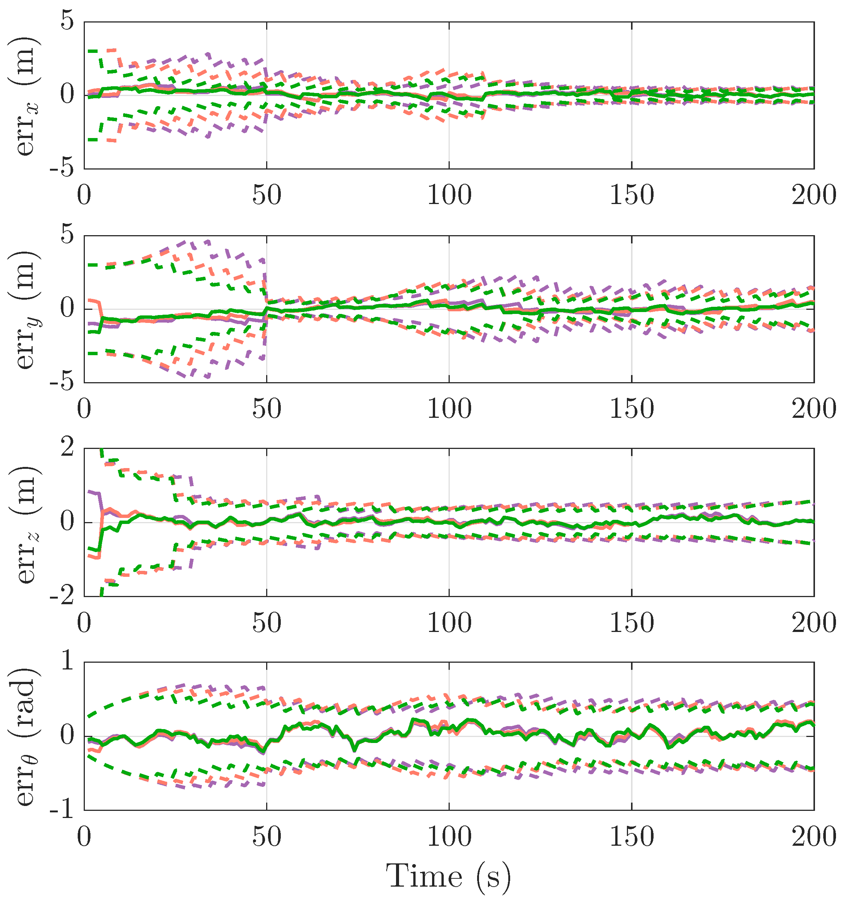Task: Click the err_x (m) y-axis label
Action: (25, 95)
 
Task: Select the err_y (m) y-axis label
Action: (25, 309)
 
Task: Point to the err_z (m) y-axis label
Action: (25, 523)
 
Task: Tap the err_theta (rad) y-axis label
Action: (25, 736)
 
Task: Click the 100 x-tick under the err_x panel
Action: (449, 195)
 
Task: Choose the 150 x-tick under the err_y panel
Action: (632, 409)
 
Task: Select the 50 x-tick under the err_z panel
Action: (267, 623)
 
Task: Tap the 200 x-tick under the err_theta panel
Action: (814, 837)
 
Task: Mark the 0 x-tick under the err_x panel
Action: (84, 195)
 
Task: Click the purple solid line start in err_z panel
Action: (90, 491)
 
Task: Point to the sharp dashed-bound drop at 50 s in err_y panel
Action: (266, 277)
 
